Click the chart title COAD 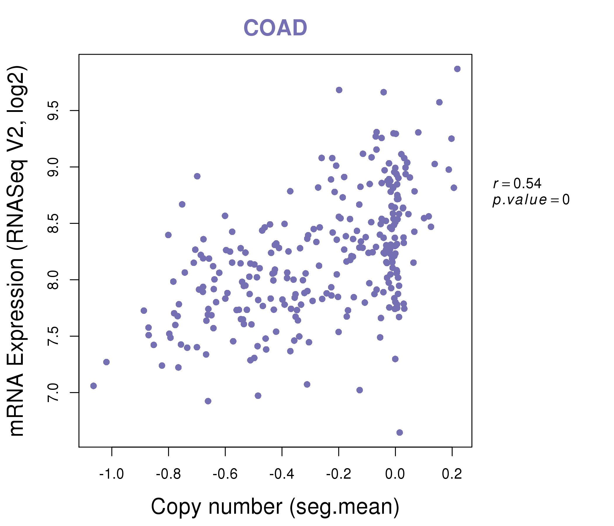(275, 28)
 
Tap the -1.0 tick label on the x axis (111, 474)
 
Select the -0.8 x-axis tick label (168, 474)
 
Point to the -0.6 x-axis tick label (225, 474)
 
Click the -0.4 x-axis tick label (282, 474)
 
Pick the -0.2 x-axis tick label (338, 474)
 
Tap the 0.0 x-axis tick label (395, 474)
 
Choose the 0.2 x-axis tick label (452, 474)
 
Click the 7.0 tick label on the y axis (54, 392)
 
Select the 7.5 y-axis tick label (54, 336)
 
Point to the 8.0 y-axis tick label (54, 280)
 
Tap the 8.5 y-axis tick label (54, 223)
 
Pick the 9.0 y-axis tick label (54, 167)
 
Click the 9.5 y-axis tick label (54, 110)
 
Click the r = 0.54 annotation (517, 184)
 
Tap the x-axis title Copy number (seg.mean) (275, 507)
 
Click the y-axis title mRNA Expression (17, 250)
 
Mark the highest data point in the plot (457, 69)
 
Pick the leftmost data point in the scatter (94, 386)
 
